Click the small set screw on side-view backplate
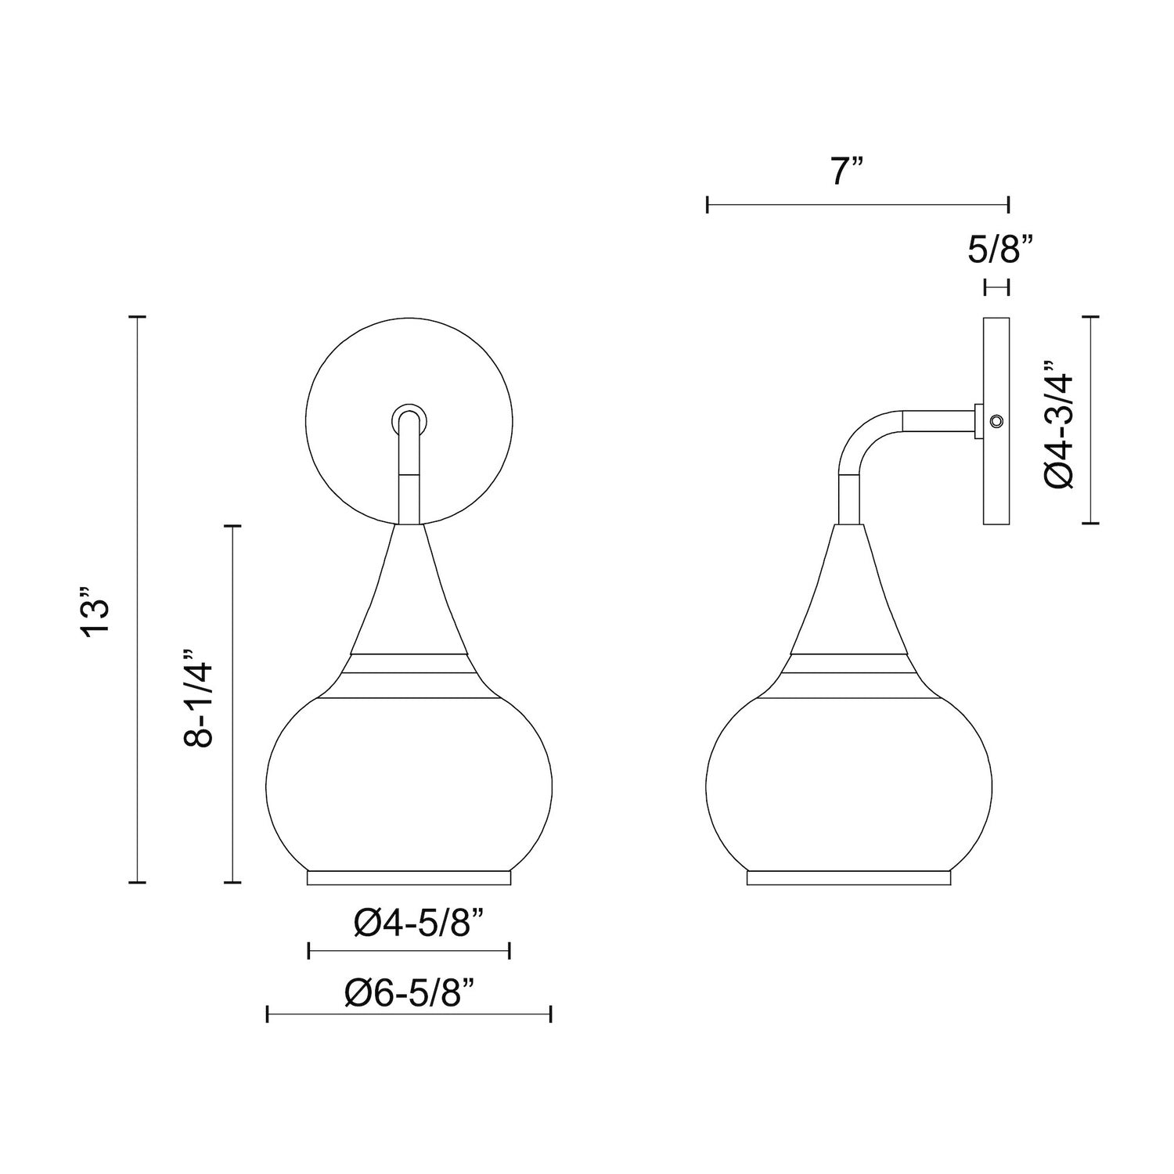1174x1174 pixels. pos(996,422)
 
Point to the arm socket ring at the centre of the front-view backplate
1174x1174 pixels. pos(409,419)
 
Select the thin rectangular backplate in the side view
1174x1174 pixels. pos(996,485)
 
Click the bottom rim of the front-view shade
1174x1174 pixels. pos(409,878)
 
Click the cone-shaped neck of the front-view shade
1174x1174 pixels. pos(409,595)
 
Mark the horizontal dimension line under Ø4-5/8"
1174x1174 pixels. pos(409,951)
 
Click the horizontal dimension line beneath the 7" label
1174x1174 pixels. pos(858,206)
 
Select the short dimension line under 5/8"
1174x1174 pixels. pos(996,289)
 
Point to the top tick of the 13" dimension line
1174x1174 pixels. pos(137,317)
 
